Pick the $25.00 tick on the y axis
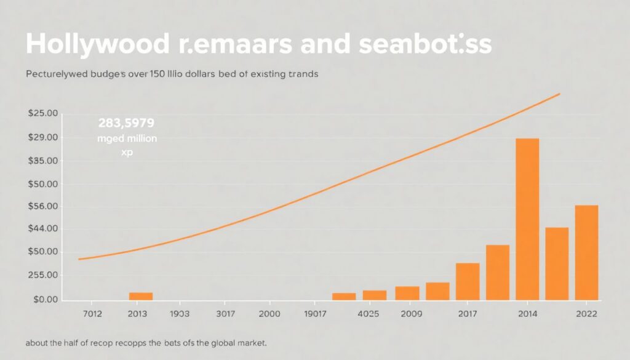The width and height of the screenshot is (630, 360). pyautogui.click(x=42, y=114)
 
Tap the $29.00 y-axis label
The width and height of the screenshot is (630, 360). pyautogui.click(x=42, y=137)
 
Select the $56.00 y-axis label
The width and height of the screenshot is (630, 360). pyautogui.click(x=42, y=206)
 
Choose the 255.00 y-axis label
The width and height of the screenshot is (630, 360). pyautogui.click(x=42, y=276)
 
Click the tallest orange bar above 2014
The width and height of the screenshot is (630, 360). pyautogui.click(x=527, y=218)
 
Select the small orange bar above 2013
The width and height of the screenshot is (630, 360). pyautogui.click(x=141, y=296)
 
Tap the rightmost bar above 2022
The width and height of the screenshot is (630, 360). pyautogui.click(x=586, y=252)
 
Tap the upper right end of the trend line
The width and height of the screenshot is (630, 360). pyautogui.click(x=559, y=94)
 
